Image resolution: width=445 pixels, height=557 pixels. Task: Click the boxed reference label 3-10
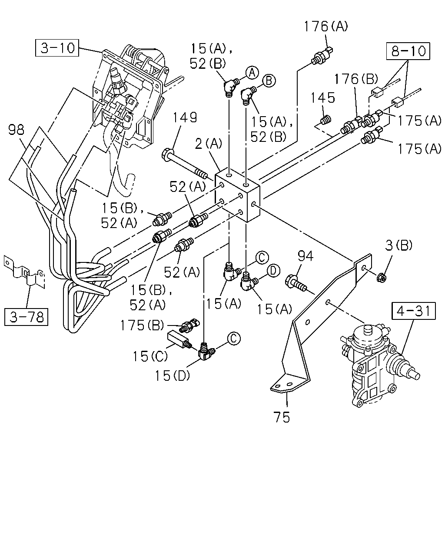click(57, 48)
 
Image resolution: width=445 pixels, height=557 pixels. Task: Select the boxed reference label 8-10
click(408, 51)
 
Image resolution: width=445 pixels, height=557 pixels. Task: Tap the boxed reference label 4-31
click(414, 311)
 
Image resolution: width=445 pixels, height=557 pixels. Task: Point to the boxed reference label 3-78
click(27, 317)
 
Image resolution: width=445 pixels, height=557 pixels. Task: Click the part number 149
click(185, 117)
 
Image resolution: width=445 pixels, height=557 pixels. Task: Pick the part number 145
click(323, 98)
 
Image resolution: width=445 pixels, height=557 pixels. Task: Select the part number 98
click(16, 130)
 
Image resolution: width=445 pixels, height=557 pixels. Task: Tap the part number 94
click(306, 256)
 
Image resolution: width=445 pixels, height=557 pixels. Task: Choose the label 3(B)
click(399, 245)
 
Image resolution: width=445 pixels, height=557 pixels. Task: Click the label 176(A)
click(326, 27)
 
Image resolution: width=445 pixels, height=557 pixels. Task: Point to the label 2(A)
click(209, 144)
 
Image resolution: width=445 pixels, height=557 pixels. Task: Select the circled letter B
click(269, 81)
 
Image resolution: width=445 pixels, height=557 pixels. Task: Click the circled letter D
click(273, 271)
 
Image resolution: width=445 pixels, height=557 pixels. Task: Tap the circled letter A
click(252, 73)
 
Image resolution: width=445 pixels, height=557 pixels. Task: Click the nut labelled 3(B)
click(382, 278)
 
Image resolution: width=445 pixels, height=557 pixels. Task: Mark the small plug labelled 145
click(325, 120)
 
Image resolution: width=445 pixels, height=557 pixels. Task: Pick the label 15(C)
click(150, 356)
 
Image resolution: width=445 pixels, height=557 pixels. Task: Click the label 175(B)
click(142, 325)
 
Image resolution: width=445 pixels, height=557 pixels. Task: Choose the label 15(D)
click(172, 376)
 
